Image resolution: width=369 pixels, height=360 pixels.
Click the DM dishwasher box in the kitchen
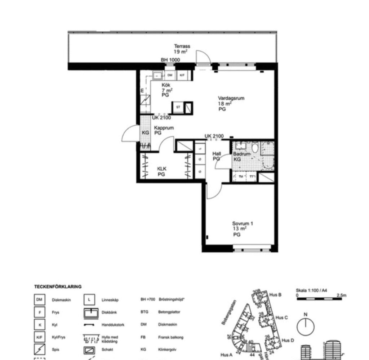click(170, 75)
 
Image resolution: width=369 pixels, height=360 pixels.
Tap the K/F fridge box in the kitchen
click(182, 75)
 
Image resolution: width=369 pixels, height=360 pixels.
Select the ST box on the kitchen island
click(178, 107)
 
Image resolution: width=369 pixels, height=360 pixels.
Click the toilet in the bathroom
click(255, 148)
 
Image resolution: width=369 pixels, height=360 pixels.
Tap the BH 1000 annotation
click(170, 60)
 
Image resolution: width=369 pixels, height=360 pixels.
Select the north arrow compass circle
click(306, 327)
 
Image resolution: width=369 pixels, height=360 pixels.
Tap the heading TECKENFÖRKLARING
click(58, 287)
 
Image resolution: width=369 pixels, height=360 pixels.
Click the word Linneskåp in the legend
click(110, 300)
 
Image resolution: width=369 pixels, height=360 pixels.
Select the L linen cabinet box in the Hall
click(200, 148)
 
